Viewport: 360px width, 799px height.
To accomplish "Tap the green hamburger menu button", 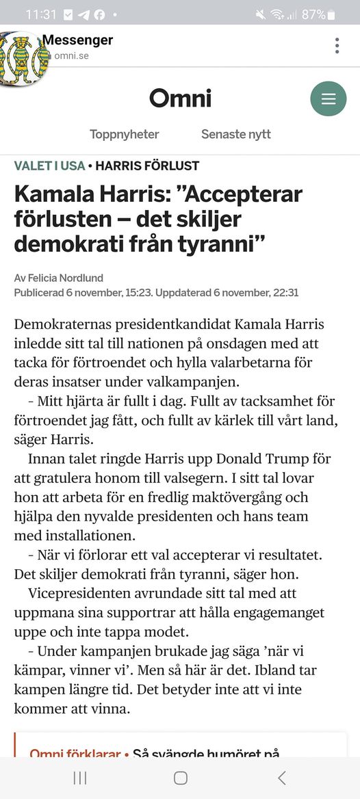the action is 329,99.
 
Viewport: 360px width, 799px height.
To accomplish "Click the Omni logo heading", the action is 180,99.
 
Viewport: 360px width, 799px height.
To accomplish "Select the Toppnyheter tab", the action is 124,134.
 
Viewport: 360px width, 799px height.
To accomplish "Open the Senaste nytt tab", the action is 235,134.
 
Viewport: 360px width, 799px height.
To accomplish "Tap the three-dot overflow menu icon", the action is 337,46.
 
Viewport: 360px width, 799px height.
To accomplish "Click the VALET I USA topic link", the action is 49,166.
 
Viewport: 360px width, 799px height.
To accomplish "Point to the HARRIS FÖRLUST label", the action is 147,166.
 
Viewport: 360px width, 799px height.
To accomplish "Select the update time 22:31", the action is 285,293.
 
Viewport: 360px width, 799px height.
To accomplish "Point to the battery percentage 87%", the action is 313,14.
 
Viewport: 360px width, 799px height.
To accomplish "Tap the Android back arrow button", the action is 281,778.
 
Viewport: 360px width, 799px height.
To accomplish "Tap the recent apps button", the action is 80,778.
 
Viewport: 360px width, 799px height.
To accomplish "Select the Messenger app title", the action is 77,40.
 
